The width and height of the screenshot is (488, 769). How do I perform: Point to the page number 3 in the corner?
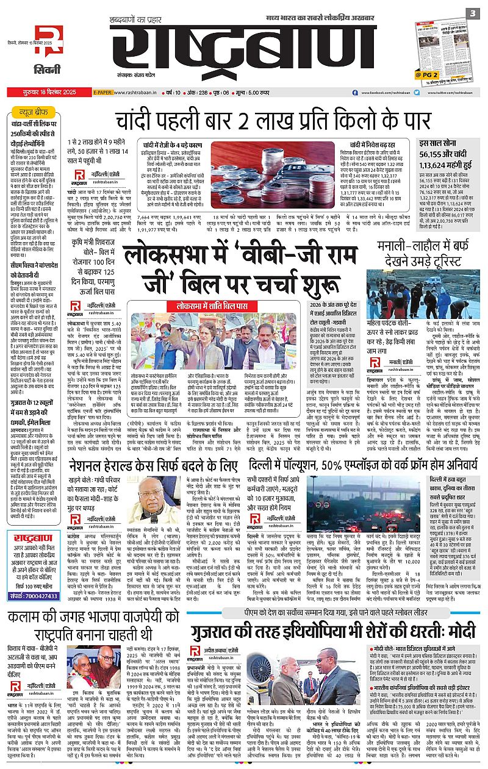point(472,13)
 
